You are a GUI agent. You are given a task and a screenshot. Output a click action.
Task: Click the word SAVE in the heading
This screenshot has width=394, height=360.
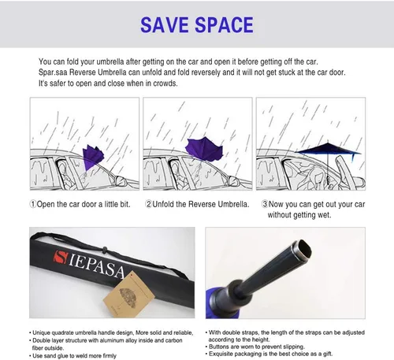(165, 25)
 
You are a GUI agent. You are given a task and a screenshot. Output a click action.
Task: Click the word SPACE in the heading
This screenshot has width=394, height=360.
(225, 25)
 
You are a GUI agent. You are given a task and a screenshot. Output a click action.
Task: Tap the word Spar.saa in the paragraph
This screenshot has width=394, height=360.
(53, 72)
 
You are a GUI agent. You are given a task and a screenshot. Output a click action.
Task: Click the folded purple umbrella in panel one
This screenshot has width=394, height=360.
(92, 157)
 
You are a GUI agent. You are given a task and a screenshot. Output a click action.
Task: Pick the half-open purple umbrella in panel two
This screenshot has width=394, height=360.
(204, 149)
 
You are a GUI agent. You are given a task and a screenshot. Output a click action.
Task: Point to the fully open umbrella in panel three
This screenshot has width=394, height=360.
(328, 150)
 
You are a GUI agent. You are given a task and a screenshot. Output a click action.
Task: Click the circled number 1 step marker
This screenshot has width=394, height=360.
(33, 204)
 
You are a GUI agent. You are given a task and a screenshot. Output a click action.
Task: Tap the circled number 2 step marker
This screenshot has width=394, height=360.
(149, 204)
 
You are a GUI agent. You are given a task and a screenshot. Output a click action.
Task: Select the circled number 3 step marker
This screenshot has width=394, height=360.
(265, 204)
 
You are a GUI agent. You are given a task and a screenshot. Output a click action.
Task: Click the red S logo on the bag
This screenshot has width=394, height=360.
(61, 257)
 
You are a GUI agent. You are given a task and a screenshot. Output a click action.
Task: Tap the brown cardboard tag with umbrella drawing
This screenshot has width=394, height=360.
(128, 295)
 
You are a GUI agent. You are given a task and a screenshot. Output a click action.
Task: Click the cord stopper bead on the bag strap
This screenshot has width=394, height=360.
(105, 249)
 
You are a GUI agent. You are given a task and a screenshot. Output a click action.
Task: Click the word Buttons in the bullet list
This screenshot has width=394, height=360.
(219, 347)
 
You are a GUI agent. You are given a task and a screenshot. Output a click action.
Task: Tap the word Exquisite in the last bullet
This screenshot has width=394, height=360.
(221, 354)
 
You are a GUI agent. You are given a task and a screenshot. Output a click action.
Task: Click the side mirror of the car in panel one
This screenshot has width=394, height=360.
(120, 180)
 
